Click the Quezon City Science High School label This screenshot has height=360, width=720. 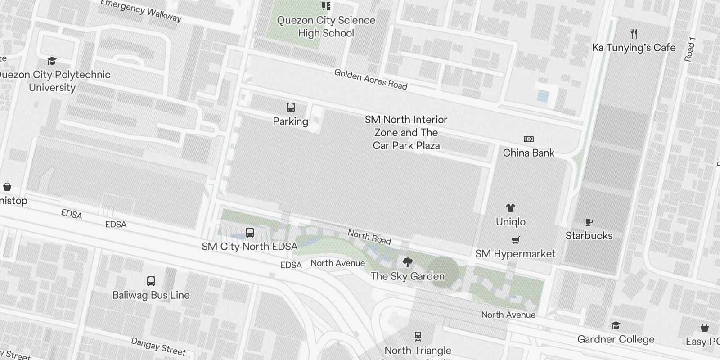(326, 27)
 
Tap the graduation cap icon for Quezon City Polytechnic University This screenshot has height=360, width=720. (52, 61)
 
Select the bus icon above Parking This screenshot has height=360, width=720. (291, 108)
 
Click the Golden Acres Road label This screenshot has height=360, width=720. (371, 80)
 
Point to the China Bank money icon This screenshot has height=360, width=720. (529, 139)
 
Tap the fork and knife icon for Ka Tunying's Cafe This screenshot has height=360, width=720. (634, 34)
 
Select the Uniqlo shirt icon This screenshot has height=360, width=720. (511, 208)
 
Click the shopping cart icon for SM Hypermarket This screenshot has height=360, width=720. (516, 240)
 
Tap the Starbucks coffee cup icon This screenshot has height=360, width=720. (589, 222)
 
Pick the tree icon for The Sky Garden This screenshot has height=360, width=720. (408, 262)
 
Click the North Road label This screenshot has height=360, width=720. (369, 237)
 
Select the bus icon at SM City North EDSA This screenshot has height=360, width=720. (250, 233)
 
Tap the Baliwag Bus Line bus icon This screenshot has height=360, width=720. (151, 281)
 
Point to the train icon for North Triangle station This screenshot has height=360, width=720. (418, 336)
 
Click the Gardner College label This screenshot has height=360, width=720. (616, 339)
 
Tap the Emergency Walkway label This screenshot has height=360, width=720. (141, 10)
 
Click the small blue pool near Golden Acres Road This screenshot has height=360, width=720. (543, 96)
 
